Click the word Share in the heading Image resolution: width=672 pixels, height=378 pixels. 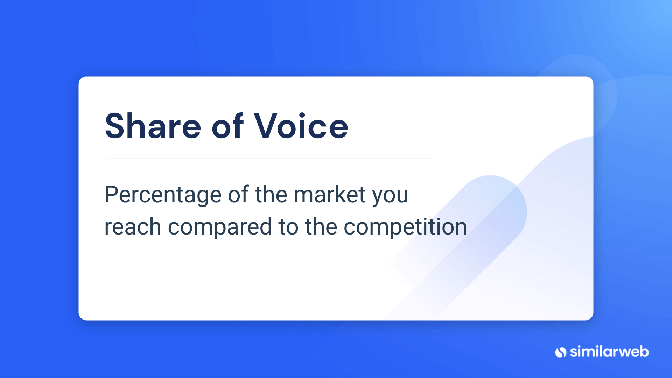[x=153, y=126]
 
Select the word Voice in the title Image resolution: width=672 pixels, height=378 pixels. [x=301, y=126]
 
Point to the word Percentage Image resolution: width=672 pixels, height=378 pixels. [x=163, y=195]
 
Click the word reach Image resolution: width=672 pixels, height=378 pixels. [x=133, y=226]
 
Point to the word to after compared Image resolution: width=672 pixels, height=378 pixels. [x=288, y=227]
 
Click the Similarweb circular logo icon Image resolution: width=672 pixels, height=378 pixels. [x=561, y=352]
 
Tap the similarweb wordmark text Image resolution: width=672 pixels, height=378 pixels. [x=609, y=351]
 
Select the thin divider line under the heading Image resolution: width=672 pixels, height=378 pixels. [x=269, y=159]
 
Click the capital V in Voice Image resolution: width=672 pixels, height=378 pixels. [x=267, y=126]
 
